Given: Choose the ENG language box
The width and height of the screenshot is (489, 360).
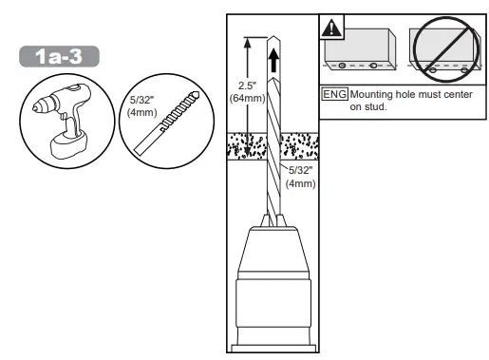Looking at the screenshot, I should click(x=335, y=95).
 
